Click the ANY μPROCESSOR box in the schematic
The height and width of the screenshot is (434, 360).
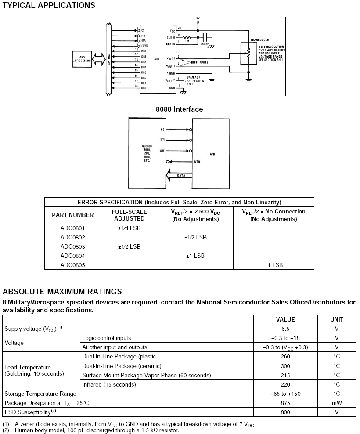click(82, 59)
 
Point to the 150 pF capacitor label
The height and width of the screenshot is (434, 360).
click(205, 44)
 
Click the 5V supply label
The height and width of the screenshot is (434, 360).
click(198, 18)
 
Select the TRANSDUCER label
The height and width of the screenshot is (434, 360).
click(259, 40)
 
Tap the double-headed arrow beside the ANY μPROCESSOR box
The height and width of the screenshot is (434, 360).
click(99, 59)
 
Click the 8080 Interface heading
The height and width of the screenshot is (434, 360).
click(180, 109)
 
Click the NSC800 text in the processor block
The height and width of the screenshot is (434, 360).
click(147, 145)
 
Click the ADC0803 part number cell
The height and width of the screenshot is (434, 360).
click(73, 246)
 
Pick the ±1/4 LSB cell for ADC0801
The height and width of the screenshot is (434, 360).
click(130, 228)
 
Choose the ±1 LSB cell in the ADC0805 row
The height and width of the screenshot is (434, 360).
click(274, 265)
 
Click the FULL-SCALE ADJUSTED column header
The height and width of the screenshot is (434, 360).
click(130, 214)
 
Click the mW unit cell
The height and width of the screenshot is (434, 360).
click(337, 403)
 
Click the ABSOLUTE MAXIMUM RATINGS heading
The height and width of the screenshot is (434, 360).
click(62, 291)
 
